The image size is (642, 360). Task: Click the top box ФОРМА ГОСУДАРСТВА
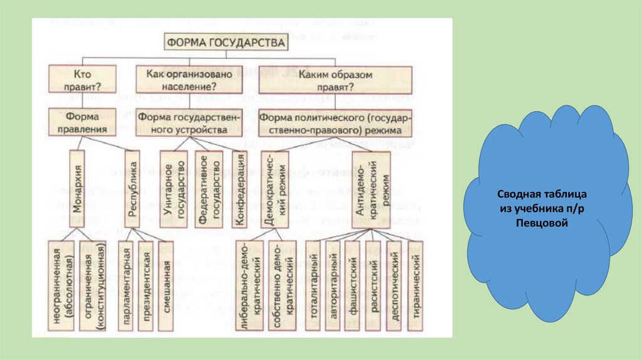coord(226,43)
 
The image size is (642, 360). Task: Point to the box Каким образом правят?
coord(335,79)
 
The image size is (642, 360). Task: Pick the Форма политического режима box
coord(335,122)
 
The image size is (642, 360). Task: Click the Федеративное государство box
coord(209,188)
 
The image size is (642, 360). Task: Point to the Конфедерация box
coord(239,188)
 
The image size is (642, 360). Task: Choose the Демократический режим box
coord(274,188)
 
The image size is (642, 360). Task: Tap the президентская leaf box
coord(147,285)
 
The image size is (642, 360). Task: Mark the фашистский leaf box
coord(353,285)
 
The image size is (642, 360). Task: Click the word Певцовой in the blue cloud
coord(544,222)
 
